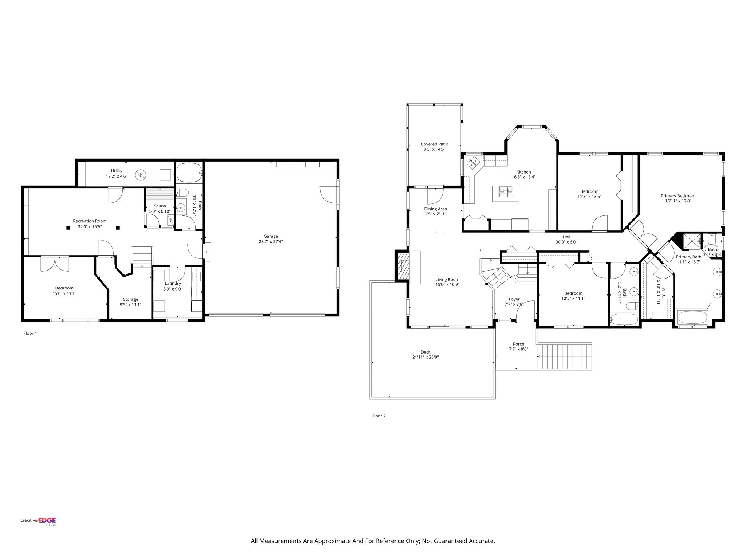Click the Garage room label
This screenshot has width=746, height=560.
tap(271, 236)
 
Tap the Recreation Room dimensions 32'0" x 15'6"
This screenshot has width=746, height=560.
tap(90, 226)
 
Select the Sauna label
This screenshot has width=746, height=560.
tap(160, 206)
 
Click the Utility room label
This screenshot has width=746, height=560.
tap(117, 171)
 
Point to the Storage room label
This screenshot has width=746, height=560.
tap(130, 299)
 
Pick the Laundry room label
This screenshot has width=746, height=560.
tap(173, 284)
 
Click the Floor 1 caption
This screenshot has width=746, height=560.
tap(30, 333)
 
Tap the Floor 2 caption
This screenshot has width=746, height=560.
tap(379, 416)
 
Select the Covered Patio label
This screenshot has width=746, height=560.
tap(435, 144)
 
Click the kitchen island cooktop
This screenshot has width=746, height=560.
tap(506, 193)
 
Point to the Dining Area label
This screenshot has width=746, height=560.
tap(435, 209)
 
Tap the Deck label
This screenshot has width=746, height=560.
tap(425, 352)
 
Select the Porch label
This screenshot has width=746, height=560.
tap(518, 344)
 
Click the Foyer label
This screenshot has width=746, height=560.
tap(514, 299)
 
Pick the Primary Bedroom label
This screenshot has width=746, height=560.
tap(678, 196)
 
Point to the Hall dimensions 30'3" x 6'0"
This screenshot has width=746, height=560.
tap(566, 242)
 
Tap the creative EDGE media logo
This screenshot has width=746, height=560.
tap(38, 521)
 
